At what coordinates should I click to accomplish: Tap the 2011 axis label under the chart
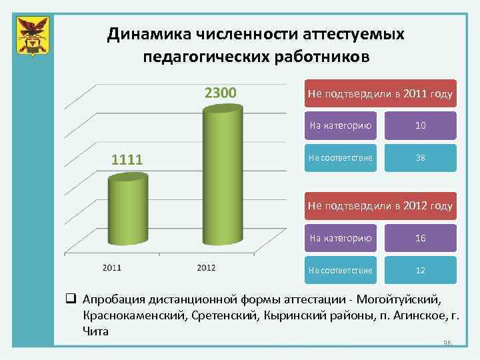point(111,268)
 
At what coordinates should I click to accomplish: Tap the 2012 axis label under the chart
point(206,268)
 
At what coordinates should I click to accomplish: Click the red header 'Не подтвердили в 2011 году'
point(380,95)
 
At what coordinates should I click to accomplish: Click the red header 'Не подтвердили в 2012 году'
point(380,207)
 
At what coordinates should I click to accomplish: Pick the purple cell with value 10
point(420,125)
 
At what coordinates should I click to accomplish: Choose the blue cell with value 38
point(420,159)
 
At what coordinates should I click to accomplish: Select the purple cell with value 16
point(420,238)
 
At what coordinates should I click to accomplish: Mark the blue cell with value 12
point(420,271)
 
